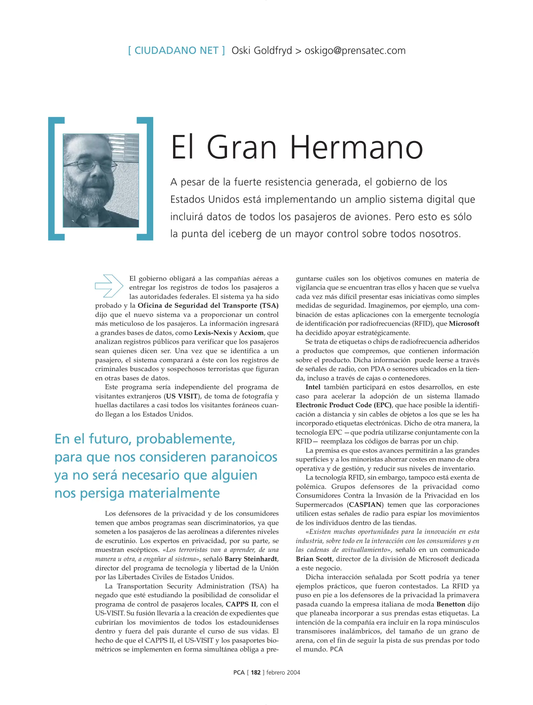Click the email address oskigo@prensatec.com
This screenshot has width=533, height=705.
[355, 51]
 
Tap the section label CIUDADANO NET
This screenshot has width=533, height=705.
[176, 51]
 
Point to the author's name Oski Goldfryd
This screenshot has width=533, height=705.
[262, 51]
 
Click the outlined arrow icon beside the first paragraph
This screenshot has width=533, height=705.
[109, 286]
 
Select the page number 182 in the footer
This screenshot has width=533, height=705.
[255, 672]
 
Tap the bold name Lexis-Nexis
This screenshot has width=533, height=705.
[213, 333]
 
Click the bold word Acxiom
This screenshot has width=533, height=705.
[251, 333]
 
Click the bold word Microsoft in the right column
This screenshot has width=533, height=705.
[464, 324]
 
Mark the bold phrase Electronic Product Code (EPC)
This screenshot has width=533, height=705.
[344, 405]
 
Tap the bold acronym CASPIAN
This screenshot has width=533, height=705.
[365, 505]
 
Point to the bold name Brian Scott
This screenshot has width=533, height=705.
[314, 559]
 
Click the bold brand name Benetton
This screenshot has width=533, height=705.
[450, 604]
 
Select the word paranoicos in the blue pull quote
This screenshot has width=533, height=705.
[244, 457]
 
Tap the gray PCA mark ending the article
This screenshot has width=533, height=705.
[336, 649]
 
